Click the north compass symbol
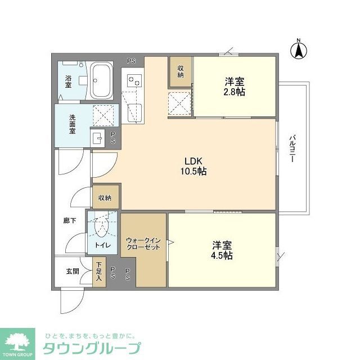pyautogui.click(x=298, y=51)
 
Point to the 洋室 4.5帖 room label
pyautogui.click(x=223, y=250)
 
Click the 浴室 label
pyautogui.click(x=68, y=82)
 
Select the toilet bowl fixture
pyautogui.click(x=102, y=228)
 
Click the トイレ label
pyautogui.click(x=102, y=245)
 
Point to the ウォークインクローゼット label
pyautogui.click(x=143, y=245)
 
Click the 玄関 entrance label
pyautogui.click(x=73, y=271)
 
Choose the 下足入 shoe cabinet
pyautogui.click(x=99, y=272)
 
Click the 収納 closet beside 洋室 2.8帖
pyautogui.click(x=181, y=71)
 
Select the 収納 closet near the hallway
pyautogui.click(x=105, y=197)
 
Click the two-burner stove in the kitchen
pyautogui.click(x=134, y=82)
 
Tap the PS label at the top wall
pyautogui.click(x=130, y=61)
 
